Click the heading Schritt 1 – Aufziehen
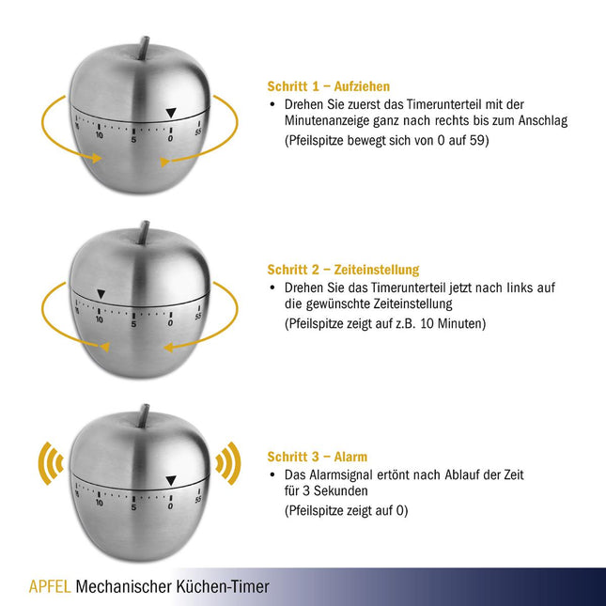(329, 86)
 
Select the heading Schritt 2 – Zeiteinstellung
(343, 270)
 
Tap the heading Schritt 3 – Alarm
(318, 457)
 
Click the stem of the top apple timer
(144, 48)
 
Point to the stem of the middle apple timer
(144, 233)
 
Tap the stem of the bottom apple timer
(144, 416)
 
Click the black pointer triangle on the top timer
(171, 113)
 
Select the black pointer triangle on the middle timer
(101, 294)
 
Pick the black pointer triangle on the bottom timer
(171, 481)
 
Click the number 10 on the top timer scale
(100, 135)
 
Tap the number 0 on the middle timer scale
(170, 322)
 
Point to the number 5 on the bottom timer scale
(133, 507)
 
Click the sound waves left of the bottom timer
(51, 463)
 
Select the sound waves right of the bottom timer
(228, 463)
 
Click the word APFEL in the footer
(50, 586)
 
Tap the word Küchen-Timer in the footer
(223, 586)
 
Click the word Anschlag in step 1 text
(543, 121)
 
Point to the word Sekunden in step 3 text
(340, 490)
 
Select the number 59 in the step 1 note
(476, 140)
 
